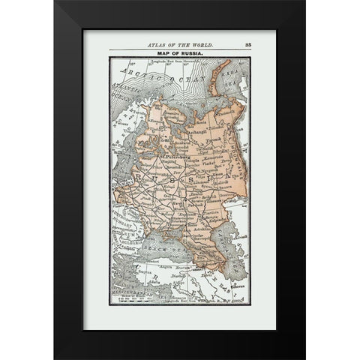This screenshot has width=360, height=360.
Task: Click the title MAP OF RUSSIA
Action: tap(179, 52)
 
